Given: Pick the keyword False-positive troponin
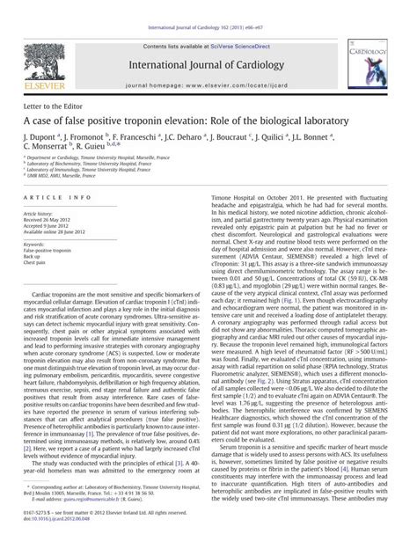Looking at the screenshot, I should [x=49, y=250].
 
